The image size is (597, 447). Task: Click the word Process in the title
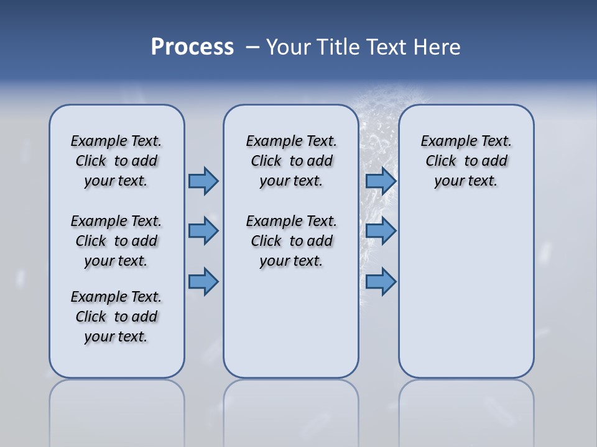click(192, 47)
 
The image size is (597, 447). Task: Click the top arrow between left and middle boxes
click(203, 181)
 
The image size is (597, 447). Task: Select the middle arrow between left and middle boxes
click(203, 231)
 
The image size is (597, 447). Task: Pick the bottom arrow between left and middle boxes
click(203, 281)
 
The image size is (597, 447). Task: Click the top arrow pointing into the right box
click(381, 181)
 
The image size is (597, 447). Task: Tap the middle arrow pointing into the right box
click(381, 231)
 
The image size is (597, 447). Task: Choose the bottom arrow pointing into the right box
click(381, 281)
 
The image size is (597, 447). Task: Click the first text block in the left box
click(116, 161)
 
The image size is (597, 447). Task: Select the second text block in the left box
click(116, 241)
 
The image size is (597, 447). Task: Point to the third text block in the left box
click(116, 317)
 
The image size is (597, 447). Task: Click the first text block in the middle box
click(291, 161)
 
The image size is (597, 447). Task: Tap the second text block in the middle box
click(291, 241)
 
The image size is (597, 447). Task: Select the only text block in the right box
click(466, 161)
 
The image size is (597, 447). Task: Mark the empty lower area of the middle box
click(291, 323)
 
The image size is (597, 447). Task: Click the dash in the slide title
click(252, 47)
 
